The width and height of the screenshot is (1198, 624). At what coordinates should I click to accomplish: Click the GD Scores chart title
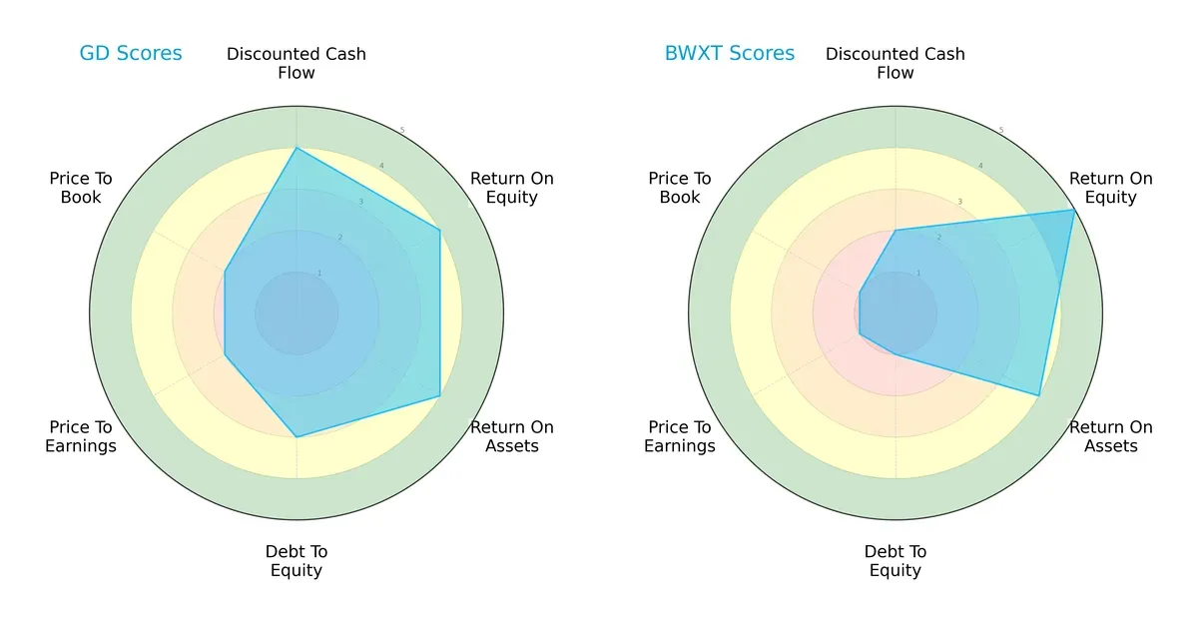(131, 53)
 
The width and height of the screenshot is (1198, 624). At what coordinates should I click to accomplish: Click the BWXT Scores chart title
(730, 53)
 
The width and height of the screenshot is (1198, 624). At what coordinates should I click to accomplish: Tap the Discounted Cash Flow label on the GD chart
(297, 63)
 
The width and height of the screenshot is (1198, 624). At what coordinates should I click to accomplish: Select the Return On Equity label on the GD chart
(511, 188)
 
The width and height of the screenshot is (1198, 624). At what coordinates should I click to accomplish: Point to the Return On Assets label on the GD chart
(511, 436)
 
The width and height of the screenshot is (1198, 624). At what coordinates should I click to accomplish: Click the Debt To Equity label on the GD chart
(297, 561)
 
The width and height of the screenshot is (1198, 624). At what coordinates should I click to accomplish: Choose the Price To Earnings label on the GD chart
(81, 436)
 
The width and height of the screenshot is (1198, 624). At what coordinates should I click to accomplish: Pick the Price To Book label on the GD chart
(81, 188)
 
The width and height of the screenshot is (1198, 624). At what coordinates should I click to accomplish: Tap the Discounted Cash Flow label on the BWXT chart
(896, 63)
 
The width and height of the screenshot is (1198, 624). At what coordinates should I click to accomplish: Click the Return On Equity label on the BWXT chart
(1110, 188)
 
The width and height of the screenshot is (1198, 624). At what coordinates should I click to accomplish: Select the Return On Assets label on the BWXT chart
(1110, 436)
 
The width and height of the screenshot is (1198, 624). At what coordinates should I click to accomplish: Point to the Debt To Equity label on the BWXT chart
(896, 561)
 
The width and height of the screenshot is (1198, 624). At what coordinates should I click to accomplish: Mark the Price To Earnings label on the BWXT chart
(680, 436)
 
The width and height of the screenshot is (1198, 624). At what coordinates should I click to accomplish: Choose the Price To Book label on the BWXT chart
(680, 188)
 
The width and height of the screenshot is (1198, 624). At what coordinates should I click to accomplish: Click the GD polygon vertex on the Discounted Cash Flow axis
(297, 149)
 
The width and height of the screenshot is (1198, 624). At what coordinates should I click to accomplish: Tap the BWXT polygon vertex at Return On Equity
(1074, 210)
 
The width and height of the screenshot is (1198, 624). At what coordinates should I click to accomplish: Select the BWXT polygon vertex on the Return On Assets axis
(1039, 396)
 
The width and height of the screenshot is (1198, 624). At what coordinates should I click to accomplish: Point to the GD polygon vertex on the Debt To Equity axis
(297, 436)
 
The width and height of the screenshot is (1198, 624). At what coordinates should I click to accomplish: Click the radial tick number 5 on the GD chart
(402, 131)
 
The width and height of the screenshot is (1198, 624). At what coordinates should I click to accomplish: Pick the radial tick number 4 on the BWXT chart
(979, 166)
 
